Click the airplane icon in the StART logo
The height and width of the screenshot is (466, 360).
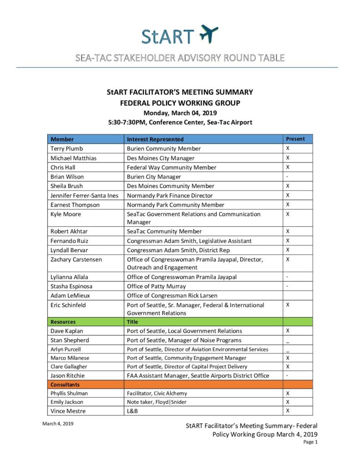click(209, 35)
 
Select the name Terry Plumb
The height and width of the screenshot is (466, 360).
click(67, 149)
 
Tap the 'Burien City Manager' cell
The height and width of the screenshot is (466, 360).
click(154, 177)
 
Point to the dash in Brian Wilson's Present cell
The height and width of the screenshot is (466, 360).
click(287, 176)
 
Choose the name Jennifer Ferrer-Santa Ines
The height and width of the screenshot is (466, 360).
click(84, 195)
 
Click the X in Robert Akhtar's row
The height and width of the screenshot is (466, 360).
click(288, 231)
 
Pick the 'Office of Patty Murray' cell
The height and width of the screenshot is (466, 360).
click(156, 286)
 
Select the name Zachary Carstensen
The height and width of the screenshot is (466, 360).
click(76, 259)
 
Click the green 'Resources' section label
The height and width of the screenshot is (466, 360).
click(63, 322)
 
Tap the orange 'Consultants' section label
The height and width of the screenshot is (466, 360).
click(66, 385)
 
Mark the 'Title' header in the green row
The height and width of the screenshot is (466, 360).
click(132, 322)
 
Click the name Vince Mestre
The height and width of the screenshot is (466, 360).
click(68, 411)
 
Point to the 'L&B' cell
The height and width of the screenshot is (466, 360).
click(132, 411)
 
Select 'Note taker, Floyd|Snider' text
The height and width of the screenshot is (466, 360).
click(157, 402)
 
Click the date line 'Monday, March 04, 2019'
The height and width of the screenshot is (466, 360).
click(180, 113)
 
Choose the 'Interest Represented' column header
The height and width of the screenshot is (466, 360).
click(155, 139)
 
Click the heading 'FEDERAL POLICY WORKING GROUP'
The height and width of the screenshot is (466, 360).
click(180, 103)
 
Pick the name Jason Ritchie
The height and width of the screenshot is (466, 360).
click(68, 376)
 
